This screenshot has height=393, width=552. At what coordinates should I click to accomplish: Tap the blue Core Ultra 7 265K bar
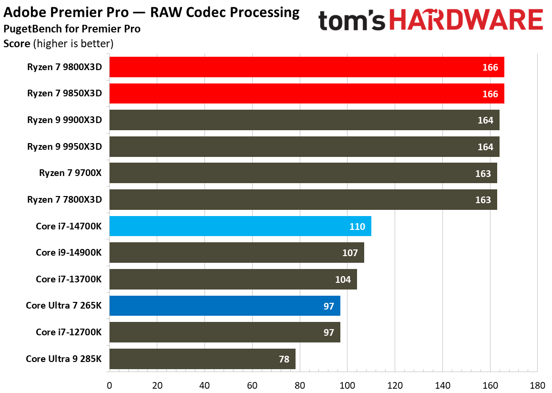click(x=225, y=306)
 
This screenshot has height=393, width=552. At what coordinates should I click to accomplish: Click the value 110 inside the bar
click(x=357, y=227)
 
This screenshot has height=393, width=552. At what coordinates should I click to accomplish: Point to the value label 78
click(x=284, y=359)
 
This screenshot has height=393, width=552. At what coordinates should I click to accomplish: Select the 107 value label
click(x=350, y=253)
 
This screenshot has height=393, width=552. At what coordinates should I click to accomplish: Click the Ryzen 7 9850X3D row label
click(x=64, y=93)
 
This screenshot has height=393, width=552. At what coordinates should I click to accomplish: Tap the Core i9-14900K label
click(x=69, y=253)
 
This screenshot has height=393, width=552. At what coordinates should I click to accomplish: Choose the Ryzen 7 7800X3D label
click(x=64, y=200)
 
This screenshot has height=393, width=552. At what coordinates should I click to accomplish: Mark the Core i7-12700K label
click(x=69, y=332)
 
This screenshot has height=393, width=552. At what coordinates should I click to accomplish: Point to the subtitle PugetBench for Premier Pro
click(x=72, y=29)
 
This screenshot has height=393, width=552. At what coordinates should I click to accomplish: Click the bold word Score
click(x=17, y=44)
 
